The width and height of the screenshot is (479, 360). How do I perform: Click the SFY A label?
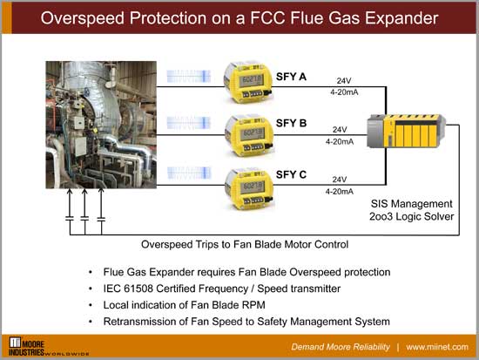tap(290, 78)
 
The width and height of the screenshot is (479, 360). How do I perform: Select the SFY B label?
tap(290, 123)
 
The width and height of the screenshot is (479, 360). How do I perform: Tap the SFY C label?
tap(290, 175)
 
